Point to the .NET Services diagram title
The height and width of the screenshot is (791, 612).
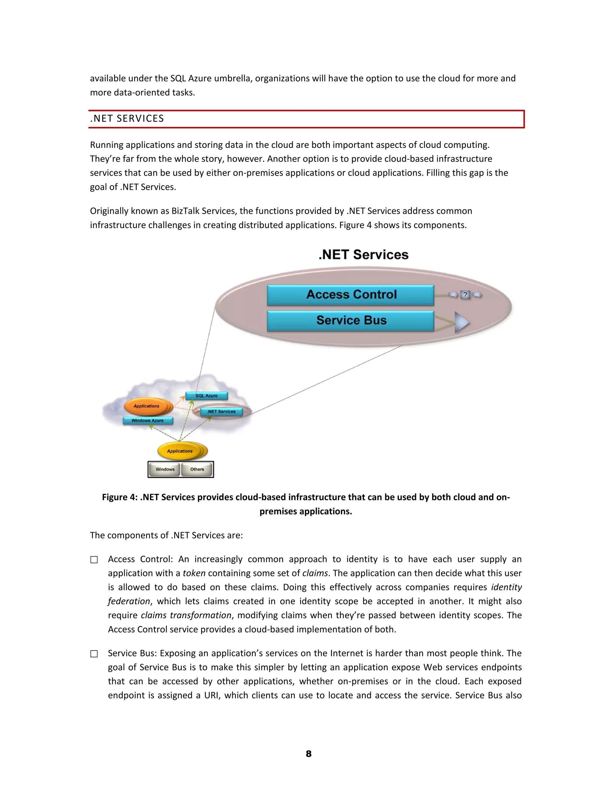point(363,255)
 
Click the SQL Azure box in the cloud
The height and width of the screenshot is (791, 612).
point(206,396)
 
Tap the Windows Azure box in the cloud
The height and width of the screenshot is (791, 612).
point(148,421)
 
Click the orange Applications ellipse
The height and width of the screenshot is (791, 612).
point(146,406)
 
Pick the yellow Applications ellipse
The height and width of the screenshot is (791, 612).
point(180,451)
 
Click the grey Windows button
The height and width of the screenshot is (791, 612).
point(165,470)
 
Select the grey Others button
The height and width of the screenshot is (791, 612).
point(197,470)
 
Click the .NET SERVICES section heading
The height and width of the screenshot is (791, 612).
point(127,119)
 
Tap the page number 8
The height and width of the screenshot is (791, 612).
point(308,754)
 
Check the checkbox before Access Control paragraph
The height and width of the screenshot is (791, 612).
point(94,560)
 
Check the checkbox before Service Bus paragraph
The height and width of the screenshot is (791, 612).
point(94,654)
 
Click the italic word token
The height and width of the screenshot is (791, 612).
point(194,573)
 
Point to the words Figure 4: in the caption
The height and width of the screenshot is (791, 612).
point(119,497)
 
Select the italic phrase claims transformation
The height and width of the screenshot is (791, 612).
point(186,615)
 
